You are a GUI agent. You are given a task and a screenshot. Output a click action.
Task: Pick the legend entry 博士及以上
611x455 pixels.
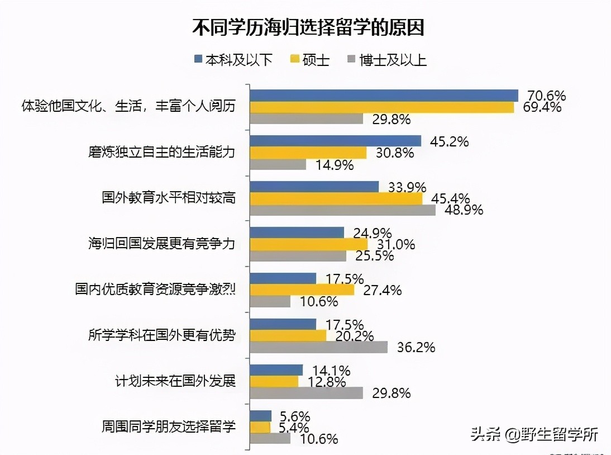click(386, 59)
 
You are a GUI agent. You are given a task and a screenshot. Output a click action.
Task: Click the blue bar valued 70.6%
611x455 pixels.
click(384, 95)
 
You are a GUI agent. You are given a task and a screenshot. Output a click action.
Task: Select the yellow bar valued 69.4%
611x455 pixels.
click(381, 107)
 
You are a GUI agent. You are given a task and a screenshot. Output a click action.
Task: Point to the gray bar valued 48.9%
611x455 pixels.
click(342, 210)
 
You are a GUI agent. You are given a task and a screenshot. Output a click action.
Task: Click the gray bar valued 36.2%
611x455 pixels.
click(318, 347)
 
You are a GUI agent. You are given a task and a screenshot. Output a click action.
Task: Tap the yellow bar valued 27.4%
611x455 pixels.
click(302, 290)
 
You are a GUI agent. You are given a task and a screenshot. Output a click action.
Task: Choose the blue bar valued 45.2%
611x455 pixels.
click(335, 141)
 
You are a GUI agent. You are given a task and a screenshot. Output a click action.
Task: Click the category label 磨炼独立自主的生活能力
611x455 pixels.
click(161, 152)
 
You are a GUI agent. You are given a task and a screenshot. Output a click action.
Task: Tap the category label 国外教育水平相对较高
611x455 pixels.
click(168, 198)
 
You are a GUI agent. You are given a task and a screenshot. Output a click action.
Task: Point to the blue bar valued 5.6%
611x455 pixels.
click(260, 416)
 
